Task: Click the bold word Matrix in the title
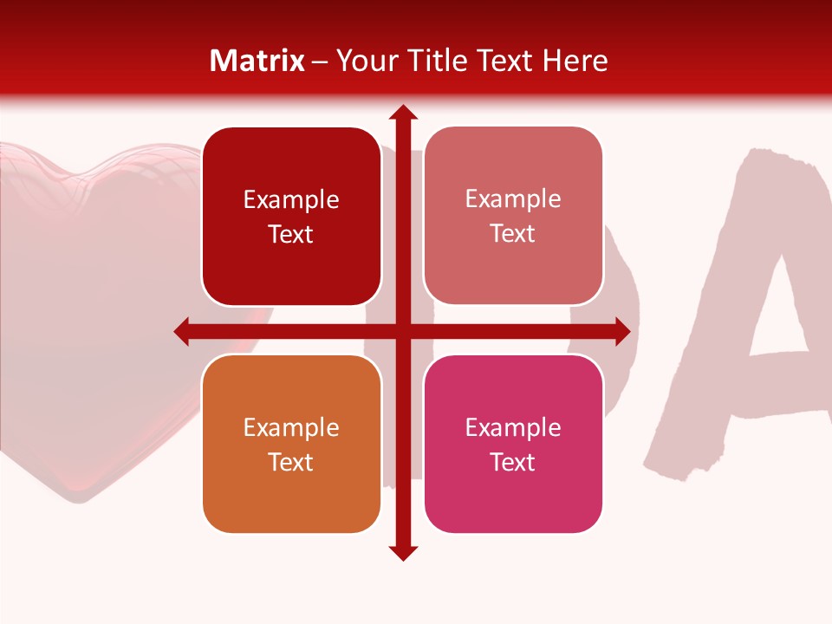(257, 61)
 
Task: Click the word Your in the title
(362, 61)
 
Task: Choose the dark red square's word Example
(291, 199)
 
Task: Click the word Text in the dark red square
(291, 234)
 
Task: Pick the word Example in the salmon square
(513, 198)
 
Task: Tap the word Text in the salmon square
(513, 233)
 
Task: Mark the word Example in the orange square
(291, 427)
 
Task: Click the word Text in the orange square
(291, 462)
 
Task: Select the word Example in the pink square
(513, 427)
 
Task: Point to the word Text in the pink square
(513, 462)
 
